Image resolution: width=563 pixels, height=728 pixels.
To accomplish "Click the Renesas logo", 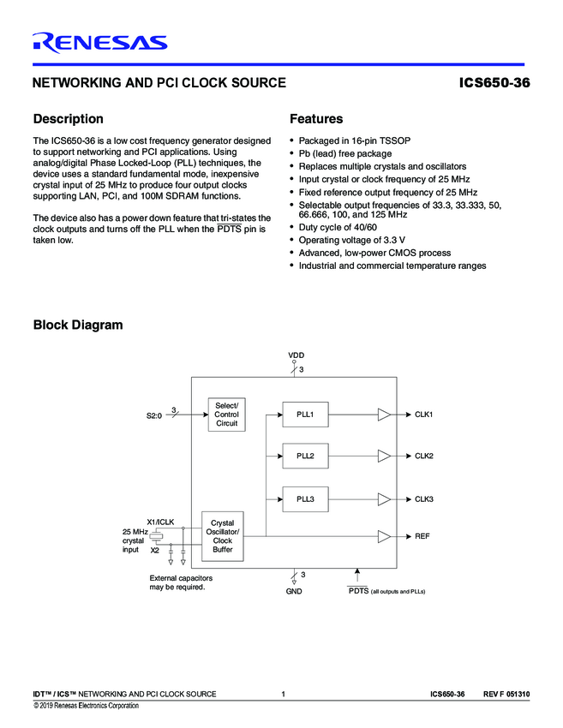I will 99,42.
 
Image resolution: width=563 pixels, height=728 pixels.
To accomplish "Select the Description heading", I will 68,119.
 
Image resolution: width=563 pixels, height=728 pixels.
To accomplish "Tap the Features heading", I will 316,119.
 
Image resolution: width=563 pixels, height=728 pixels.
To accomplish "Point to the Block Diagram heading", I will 77,325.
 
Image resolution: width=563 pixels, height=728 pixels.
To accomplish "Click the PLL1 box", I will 305,415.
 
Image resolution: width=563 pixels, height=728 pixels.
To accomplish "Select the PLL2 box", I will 305,456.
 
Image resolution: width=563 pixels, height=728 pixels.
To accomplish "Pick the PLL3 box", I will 305,498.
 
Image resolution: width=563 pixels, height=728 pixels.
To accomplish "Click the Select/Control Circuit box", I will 226,415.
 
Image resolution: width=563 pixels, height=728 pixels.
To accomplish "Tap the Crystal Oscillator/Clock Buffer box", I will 222,536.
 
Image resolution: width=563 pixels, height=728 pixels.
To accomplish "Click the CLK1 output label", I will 424,415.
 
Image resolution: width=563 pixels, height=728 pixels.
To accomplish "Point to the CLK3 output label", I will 424,498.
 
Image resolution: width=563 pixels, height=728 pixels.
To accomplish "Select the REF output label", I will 422,536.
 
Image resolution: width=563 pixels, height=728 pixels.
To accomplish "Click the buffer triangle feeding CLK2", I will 384,456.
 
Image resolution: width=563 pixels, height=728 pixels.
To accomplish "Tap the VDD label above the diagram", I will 296,355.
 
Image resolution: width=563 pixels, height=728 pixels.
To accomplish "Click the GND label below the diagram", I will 294,592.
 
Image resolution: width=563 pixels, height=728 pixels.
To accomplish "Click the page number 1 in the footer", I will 283,693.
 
